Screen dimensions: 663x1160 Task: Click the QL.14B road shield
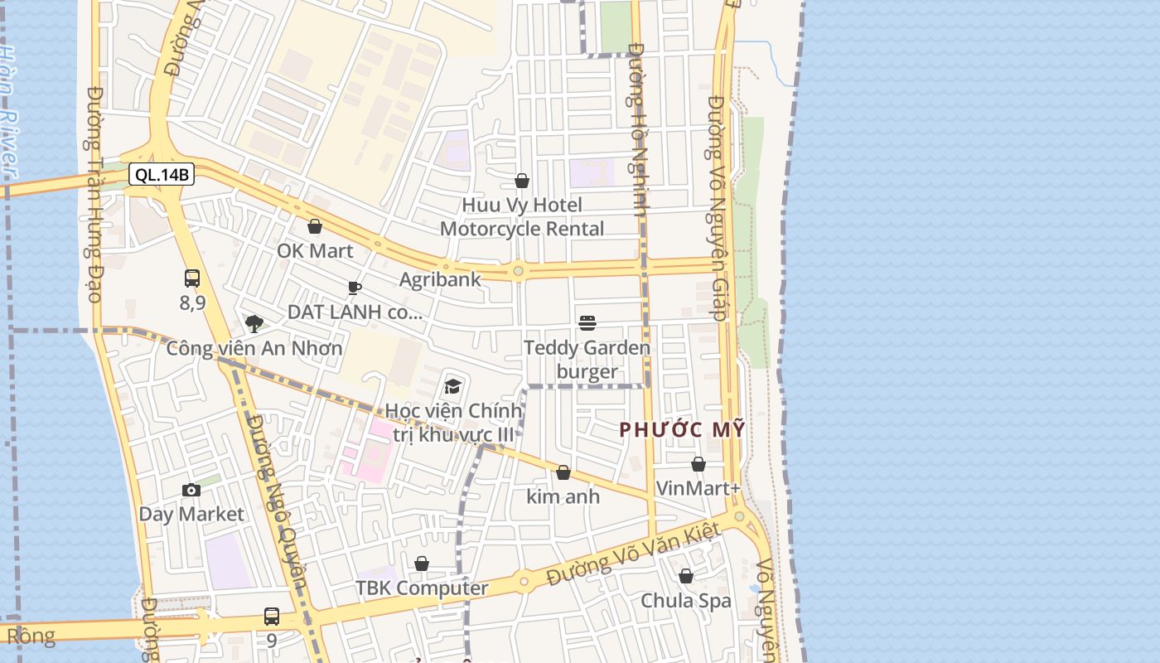162,175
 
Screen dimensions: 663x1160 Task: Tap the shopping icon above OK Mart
315,226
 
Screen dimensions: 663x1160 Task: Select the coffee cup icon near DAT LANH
355,288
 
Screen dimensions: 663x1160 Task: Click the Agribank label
440,279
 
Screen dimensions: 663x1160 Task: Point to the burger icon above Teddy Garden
587,322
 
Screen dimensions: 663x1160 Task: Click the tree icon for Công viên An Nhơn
254,323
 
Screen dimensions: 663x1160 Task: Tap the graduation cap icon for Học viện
452,386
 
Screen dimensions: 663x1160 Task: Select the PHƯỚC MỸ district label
683,429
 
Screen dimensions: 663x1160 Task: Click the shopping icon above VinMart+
698,464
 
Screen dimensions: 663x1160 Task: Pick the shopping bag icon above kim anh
563,472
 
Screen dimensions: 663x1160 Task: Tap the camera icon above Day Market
191,490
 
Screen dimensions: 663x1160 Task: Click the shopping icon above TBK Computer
422,564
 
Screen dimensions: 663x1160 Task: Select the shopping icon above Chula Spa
686,575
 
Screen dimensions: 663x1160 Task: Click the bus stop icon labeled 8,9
192,278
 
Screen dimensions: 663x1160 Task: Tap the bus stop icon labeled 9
272,616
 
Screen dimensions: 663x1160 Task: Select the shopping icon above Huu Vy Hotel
522,181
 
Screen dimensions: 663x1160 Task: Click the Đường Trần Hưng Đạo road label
94,195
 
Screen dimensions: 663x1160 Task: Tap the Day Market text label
191,514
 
